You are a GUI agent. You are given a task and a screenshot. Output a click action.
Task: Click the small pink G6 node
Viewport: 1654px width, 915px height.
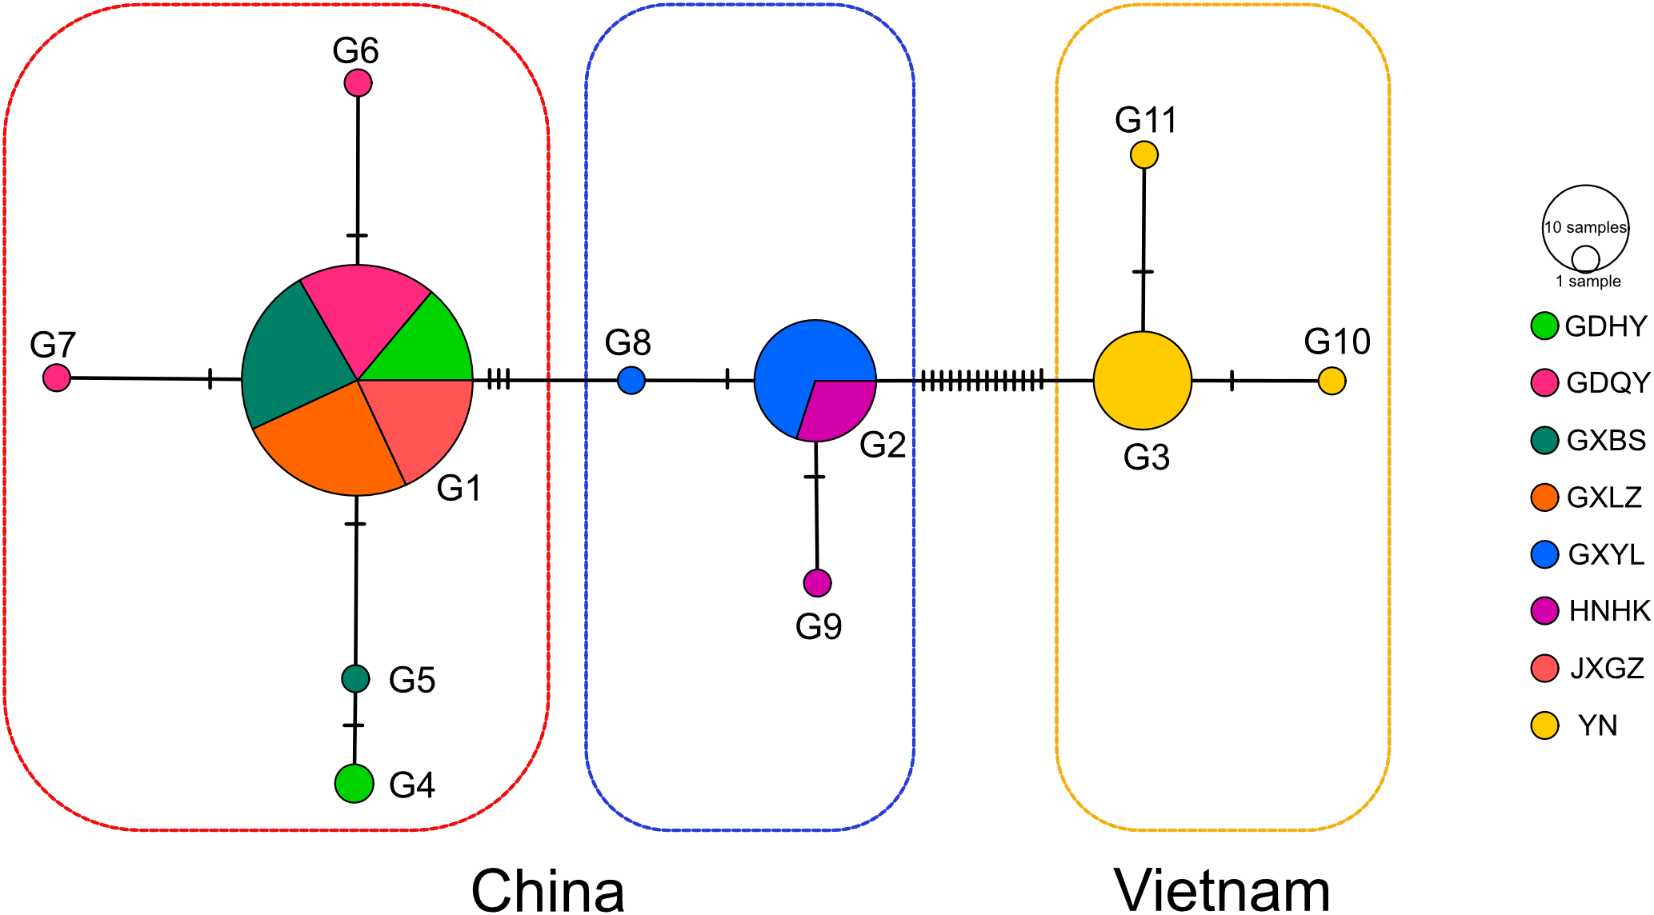[358, 82]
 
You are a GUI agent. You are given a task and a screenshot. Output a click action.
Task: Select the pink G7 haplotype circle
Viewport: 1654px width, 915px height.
[57, 378]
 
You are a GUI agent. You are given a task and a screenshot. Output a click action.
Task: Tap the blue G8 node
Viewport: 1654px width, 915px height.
[631, 380]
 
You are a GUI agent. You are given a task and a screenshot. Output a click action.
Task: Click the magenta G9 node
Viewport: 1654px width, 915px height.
[817, 583]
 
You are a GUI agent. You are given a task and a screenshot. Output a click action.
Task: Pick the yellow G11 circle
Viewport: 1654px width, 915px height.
[1144, 154]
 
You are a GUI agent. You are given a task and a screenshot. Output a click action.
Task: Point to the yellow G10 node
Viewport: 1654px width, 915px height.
[1332, 381]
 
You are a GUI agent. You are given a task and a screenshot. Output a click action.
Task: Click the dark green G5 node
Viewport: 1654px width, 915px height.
[355, 679]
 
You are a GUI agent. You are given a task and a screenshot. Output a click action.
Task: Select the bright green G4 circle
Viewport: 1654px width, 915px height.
[354, 783]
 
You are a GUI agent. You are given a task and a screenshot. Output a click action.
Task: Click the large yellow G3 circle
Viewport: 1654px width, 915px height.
[1143, 381]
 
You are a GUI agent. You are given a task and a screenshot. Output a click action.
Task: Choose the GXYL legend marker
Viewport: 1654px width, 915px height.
[1544, 554]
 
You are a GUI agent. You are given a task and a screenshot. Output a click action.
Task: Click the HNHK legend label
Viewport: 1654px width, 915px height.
[1609, 611]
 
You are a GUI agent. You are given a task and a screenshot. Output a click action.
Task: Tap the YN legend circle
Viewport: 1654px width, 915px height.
[1544, 725]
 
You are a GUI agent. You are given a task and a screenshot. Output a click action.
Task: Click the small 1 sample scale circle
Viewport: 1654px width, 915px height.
[1585, 259]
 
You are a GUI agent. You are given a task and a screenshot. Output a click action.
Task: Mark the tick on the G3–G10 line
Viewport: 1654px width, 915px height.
[1231, 381]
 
